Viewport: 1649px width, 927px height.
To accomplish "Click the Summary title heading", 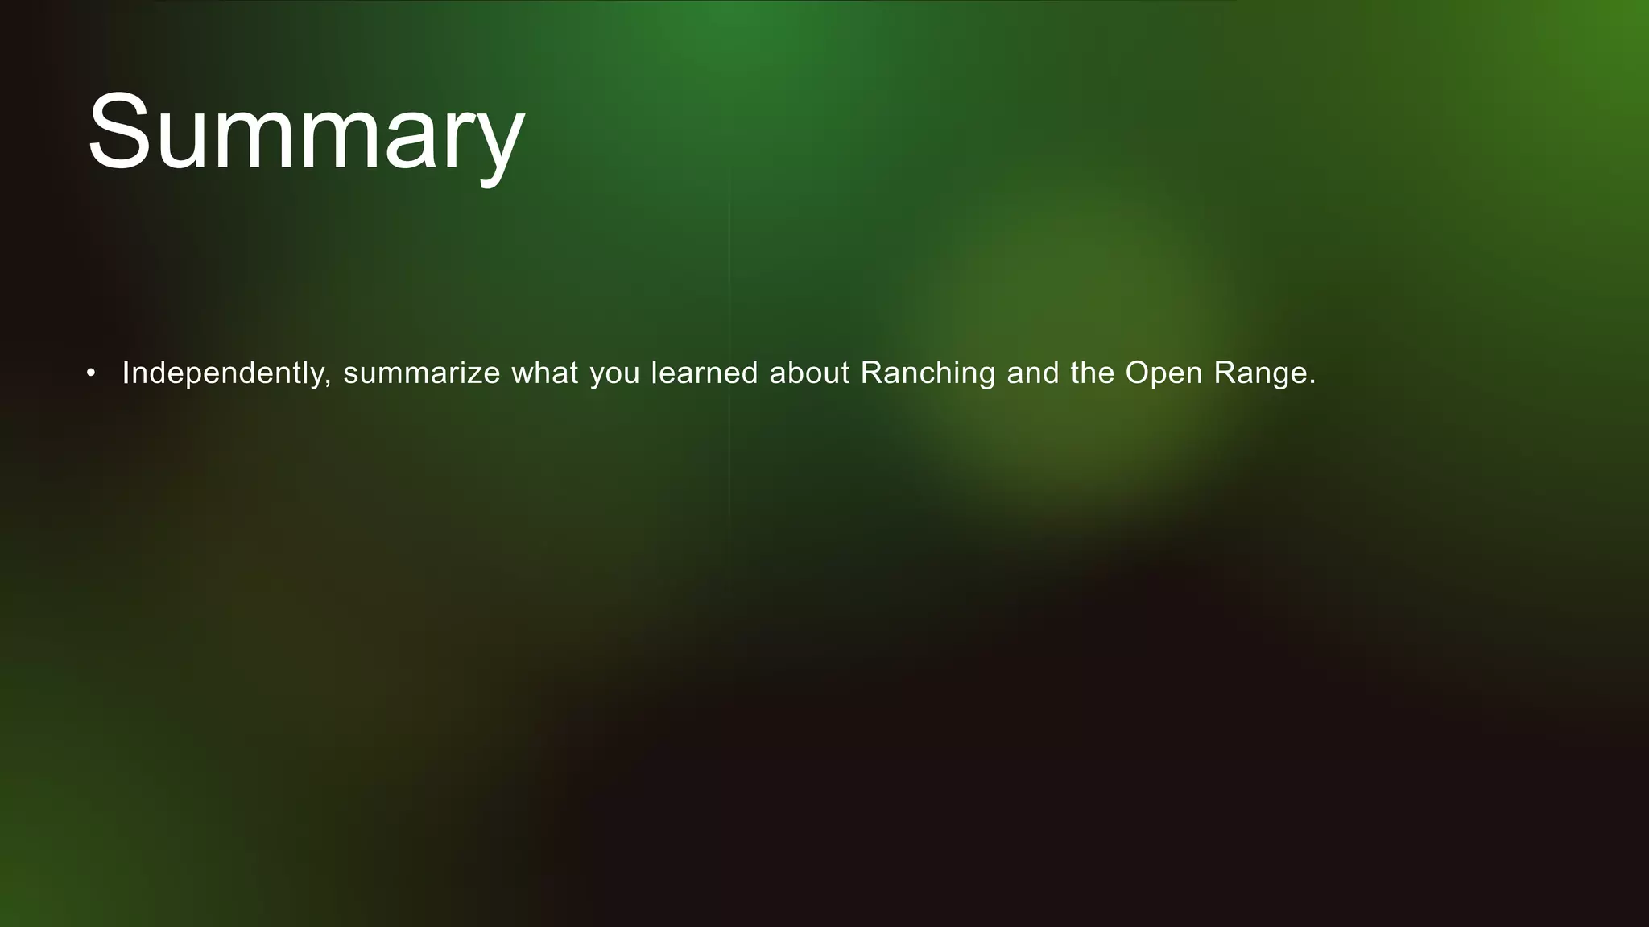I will point(306,133).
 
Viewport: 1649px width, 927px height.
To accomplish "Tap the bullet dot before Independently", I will point(91,373).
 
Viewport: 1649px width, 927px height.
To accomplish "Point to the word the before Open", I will point(1092,373).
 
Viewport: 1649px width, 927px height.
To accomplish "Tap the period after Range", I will point(1312,383).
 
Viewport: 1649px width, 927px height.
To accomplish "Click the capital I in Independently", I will point(125,373).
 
